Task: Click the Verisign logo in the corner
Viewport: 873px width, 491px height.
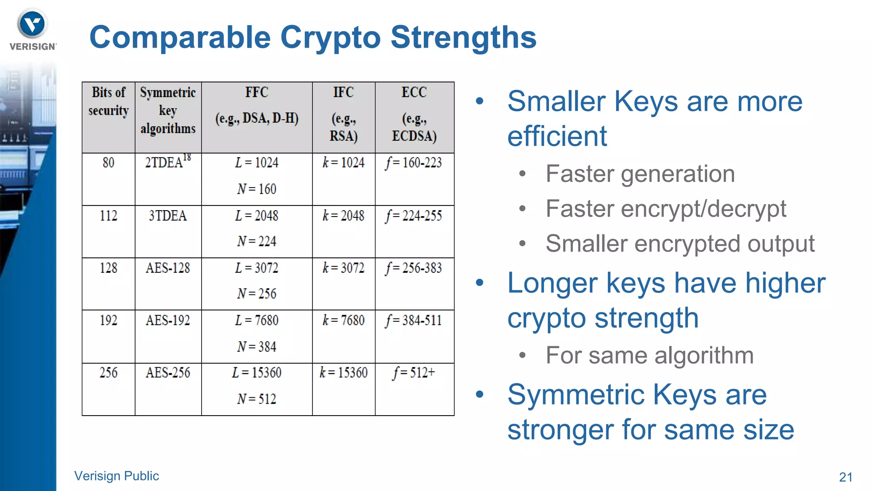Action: coord(32,29)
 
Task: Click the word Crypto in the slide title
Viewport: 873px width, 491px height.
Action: coord(330,38)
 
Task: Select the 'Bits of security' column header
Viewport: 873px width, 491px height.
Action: coord(108,101)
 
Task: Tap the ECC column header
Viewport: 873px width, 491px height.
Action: coord(414,92)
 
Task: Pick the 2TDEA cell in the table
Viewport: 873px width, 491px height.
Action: coord(168,162)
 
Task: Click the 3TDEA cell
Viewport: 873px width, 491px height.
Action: coord(168,216)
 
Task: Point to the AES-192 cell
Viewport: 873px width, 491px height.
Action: coord(168,321)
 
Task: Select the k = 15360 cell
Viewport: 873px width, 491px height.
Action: coord(343,373)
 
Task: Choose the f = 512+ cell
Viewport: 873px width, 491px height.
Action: coord(414,373)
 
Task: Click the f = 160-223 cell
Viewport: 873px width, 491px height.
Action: coord(414,163)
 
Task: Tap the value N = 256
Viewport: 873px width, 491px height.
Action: coord(257,294)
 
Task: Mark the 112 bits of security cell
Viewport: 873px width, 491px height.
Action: coord(108,216)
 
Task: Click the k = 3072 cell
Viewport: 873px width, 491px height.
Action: coord(343,268)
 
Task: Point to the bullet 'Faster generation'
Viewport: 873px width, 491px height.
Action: coord(640,174)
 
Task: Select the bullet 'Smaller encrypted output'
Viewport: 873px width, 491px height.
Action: coord(680,244)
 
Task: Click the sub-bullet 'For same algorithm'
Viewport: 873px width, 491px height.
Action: coord(649,355)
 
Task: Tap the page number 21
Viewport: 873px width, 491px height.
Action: coord(845,477)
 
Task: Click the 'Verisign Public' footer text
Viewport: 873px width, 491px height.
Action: coord(116,476)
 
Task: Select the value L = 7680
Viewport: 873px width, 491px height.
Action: coord(257,321)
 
